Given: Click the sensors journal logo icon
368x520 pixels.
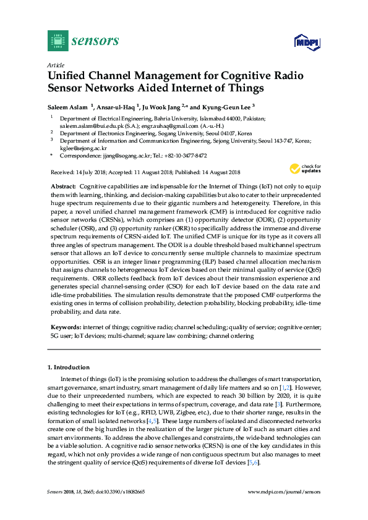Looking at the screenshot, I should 58,41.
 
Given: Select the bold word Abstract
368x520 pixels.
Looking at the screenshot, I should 62,186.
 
